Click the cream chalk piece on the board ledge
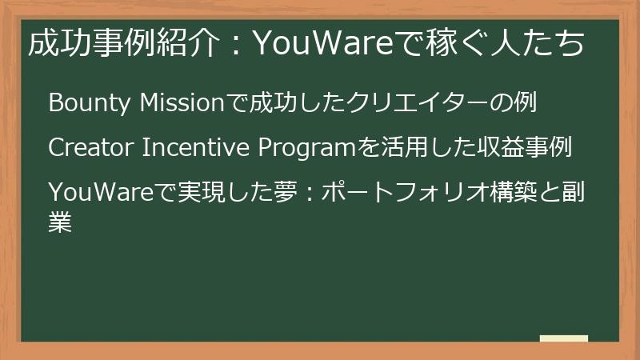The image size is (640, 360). (564, 338)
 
